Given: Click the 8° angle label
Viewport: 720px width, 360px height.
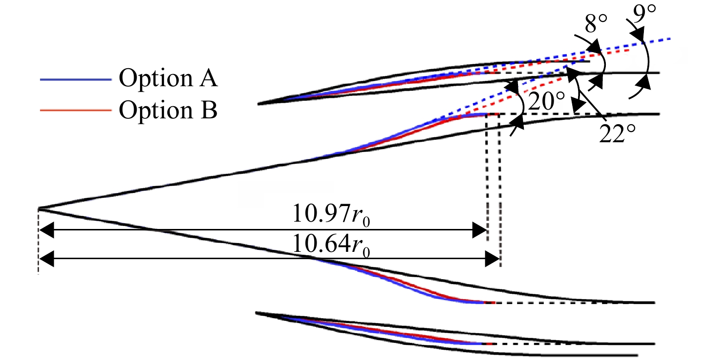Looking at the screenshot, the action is [596, 24].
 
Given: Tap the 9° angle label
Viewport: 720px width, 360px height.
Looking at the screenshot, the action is [644, 14].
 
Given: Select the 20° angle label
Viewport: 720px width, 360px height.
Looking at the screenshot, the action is [546, 101].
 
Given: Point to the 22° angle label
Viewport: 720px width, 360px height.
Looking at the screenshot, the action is [618, 134].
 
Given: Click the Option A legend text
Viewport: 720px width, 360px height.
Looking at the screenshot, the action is [168, 77].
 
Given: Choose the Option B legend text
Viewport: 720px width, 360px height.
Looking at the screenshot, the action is [168, 110].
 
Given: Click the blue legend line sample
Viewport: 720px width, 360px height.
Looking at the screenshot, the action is [76, 79].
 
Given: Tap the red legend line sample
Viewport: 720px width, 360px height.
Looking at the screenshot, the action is [76, 111].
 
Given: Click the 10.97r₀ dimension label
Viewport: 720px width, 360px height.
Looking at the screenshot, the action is [331, 214].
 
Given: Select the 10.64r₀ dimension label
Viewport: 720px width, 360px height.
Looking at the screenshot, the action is [331, 245].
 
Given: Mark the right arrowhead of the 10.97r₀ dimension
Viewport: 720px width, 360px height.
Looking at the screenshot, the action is [480, 230].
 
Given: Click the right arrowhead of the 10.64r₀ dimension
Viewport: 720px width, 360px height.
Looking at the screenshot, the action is [492, 259].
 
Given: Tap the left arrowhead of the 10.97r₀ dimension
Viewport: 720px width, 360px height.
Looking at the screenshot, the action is [46, 230].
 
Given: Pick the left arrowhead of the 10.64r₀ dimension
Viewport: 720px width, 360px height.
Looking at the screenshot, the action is [46, 259].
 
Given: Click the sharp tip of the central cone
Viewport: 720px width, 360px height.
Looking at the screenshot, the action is [39, 209].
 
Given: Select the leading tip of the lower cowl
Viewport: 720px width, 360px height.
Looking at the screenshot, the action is [256, 313].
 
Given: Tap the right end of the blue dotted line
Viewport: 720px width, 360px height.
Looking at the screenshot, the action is [670, 39].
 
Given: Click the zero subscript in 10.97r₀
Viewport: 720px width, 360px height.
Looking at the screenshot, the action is [366, 222].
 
